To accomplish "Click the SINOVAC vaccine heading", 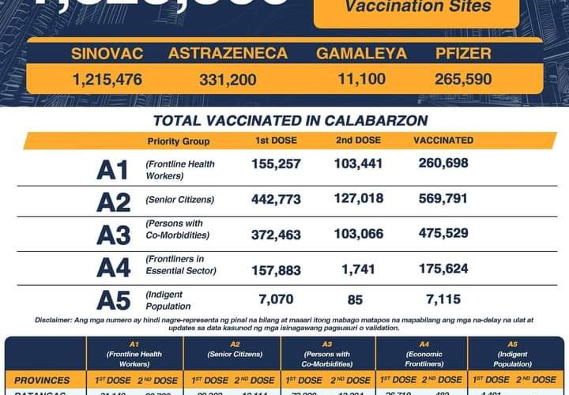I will tap(107, 54).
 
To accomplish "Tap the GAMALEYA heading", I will tap(362, 54).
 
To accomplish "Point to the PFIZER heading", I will tap(463, 54).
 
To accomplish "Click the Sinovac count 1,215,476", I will tap(107, 79).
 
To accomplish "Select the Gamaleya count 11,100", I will tap(361, 79).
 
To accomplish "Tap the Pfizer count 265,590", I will tap(463, 79).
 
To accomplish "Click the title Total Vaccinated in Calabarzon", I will tap(290, 121).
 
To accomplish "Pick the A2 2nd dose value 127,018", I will tap(358, 199).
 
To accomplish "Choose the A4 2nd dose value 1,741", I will tap(358, 270).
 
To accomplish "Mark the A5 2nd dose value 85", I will tap(358, 299).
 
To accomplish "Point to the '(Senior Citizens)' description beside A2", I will tap(179, 200).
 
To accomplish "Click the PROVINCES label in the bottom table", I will tap(46, 380).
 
